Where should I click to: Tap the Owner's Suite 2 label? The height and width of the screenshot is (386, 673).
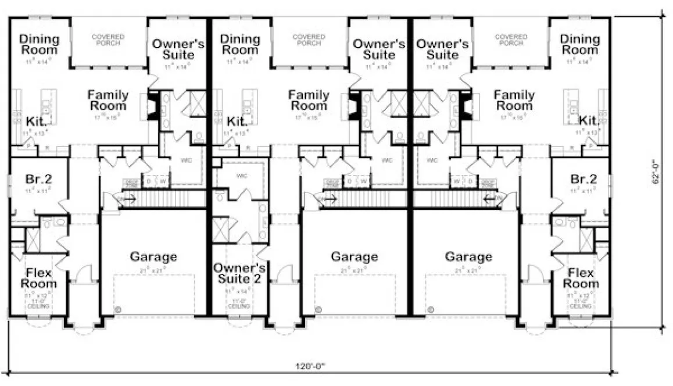pos(239,273)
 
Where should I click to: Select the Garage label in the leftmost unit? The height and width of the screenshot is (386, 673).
pos(153,256)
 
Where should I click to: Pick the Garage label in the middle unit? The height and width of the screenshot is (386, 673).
pos(354,256)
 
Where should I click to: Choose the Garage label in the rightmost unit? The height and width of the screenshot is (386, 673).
pos(468,256)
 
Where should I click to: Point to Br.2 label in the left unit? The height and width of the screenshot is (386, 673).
pos(40,178)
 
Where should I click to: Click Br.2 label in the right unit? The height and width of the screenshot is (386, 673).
pos(583,178)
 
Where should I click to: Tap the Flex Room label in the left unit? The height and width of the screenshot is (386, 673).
pos(39,278)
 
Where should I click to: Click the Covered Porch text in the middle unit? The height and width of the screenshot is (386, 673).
pos(309,40)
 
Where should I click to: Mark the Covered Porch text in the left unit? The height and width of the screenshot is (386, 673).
pos(108,40)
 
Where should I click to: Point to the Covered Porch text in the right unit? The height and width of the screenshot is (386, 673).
pos(511,40)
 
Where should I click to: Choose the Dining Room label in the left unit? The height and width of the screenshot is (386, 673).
pos(40,44)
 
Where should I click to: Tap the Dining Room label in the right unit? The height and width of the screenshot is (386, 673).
pos(580,44)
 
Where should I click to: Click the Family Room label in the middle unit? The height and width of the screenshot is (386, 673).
pos(309,100)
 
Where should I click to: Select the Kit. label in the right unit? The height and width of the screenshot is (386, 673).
pos(589,120)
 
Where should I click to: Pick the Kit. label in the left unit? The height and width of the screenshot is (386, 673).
pos(33,121)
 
